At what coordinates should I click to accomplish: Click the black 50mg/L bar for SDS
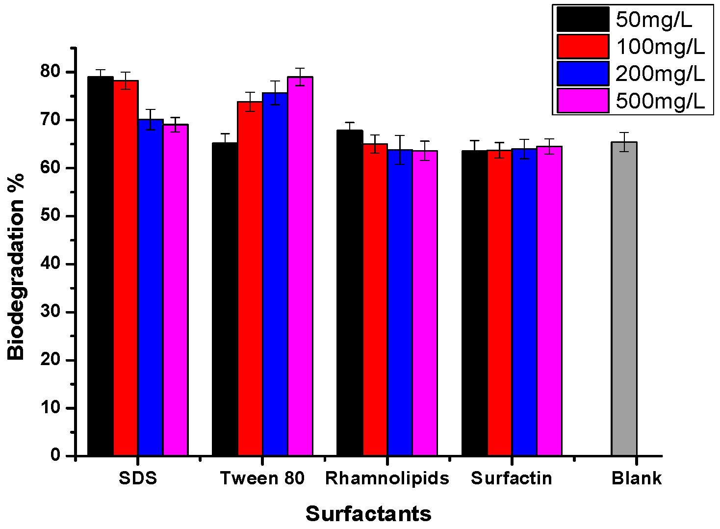pos(101,265)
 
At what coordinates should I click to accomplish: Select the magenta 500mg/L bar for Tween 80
pos(300,265)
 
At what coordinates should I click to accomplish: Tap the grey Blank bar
pos(624,299)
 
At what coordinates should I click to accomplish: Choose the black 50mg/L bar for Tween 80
pos(225,299)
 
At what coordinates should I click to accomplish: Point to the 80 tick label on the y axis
pos(50,72)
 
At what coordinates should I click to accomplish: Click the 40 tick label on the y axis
pos(50,264)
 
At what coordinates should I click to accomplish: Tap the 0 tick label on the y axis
pos(55,455)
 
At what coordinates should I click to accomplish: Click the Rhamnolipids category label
pos(387,478)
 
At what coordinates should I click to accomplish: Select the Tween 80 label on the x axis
pos(262,478)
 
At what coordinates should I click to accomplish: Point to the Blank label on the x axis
pos(636,478)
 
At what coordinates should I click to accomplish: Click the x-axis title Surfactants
pos(368,514)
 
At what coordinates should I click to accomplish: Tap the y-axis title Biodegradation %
pos(16,267)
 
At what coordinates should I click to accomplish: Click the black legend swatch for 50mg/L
pos(583,20)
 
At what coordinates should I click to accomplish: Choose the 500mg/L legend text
pos(660,101)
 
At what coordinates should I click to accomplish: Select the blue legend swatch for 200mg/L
pos(583,74)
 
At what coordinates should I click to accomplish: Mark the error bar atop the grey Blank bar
pos(624,142)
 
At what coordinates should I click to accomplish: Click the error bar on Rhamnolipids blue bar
pos(400,150)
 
